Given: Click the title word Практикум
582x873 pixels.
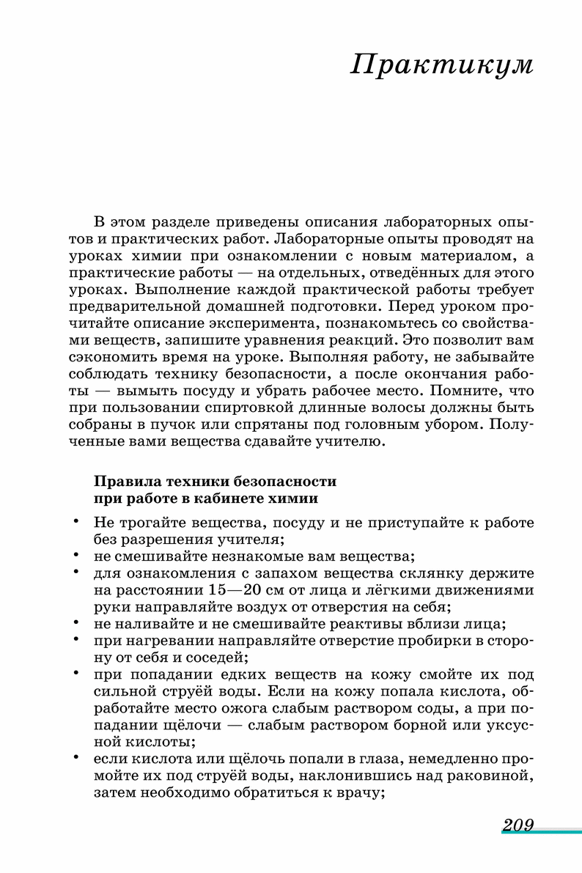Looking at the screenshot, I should coord(442,65).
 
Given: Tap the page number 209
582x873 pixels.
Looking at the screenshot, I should coord(517,825).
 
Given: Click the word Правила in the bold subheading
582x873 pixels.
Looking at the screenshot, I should coord(122,482).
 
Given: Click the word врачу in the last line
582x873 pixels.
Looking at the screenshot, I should coord(358,793).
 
